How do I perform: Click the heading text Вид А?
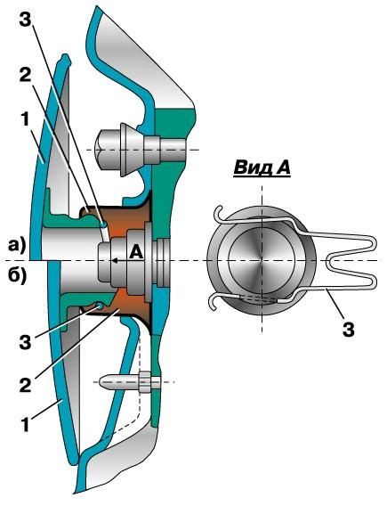262,168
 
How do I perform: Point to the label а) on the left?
17,246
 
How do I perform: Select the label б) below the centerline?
17,276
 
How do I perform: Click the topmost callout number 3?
26,21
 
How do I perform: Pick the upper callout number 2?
25,77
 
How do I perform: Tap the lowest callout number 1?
25,424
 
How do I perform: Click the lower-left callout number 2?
25,385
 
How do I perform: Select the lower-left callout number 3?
25,342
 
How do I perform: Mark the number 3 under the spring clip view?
349,330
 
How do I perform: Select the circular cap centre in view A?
262,260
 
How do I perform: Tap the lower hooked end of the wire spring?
214,303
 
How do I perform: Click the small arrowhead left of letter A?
113,261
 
